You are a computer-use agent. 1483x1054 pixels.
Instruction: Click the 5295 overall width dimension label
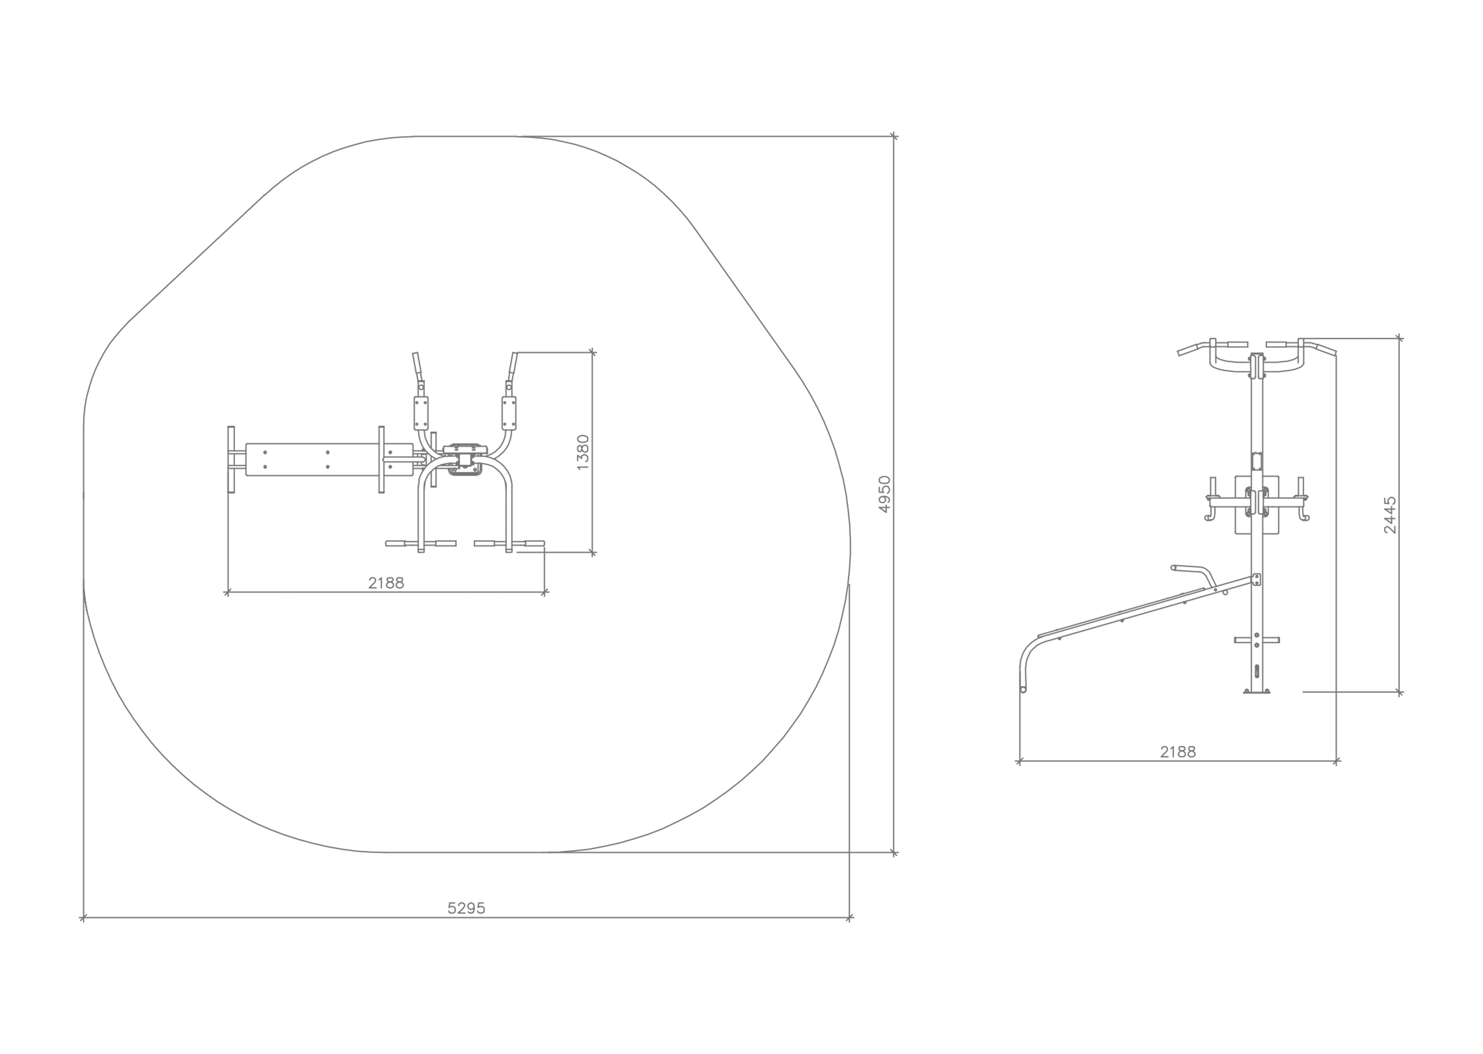tap(466, 908)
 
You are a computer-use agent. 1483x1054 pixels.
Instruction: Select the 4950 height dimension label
tap(885, 495)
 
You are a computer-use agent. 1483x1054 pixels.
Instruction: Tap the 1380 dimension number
tap(583, 452)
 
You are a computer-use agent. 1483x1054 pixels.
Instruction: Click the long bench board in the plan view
tap(329, 459)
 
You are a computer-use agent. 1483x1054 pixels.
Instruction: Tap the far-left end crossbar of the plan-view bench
tap(231, 459)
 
